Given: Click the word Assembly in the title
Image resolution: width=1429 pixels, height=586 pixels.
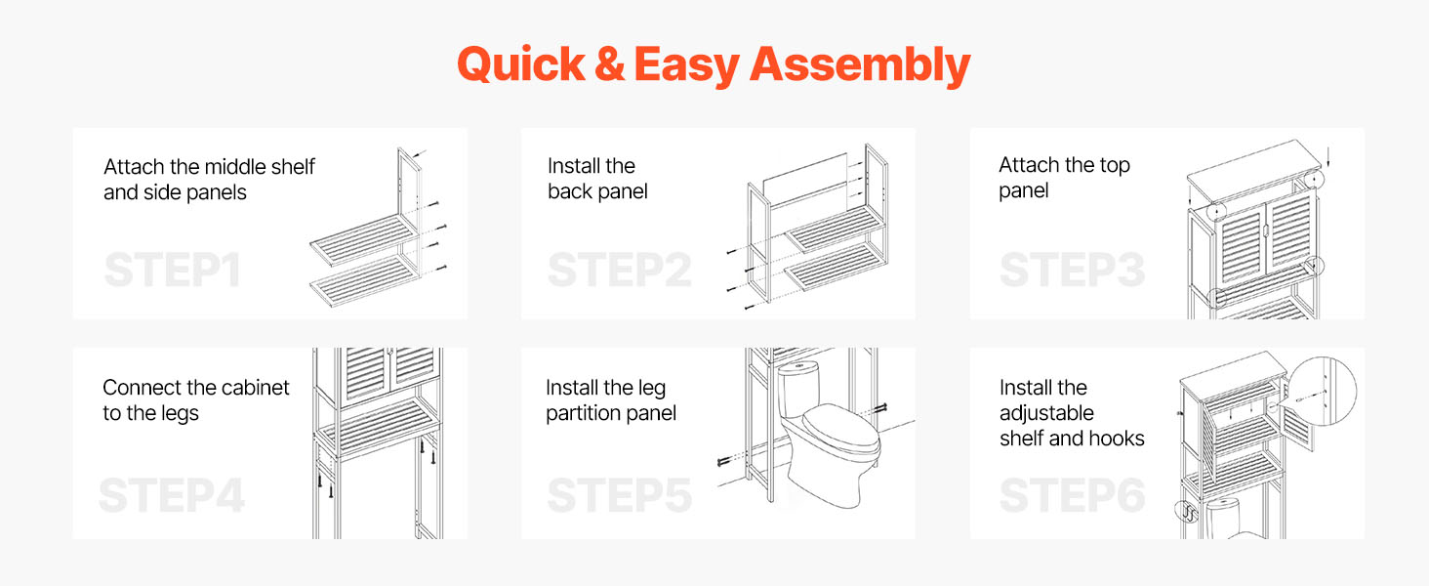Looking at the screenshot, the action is coord(860,65).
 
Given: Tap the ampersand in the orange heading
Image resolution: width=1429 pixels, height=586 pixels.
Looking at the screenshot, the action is coord(609,64).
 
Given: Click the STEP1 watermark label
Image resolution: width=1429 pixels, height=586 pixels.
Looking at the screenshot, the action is coord(172,270).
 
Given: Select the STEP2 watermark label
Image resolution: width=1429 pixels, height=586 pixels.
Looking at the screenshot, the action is coord(620,270).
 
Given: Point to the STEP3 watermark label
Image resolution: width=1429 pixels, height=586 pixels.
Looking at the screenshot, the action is coord(1073,270).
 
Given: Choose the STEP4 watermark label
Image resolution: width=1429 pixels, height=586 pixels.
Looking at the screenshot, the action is coord(172,495).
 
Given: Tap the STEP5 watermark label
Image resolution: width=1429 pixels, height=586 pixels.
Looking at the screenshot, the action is coord(620,495).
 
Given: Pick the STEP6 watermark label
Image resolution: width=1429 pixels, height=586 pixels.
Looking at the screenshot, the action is coord(1073,495).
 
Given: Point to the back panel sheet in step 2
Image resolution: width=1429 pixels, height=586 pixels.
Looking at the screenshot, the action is coord(805,182).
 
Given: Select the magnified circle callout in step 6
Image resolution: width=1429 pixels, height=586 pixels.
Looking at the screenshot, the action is coord(1322,392).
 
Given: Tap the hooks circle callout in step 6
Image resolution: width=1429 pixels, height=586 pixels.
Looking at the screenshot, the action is coord(1187,512).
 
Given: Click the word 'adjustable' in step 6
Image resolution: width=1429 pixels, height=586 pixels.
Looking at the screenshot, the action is coord(1046,414).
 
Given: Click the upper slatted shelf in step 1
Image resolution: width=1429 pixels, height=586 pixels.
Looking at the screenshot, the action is coord(365,240).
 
